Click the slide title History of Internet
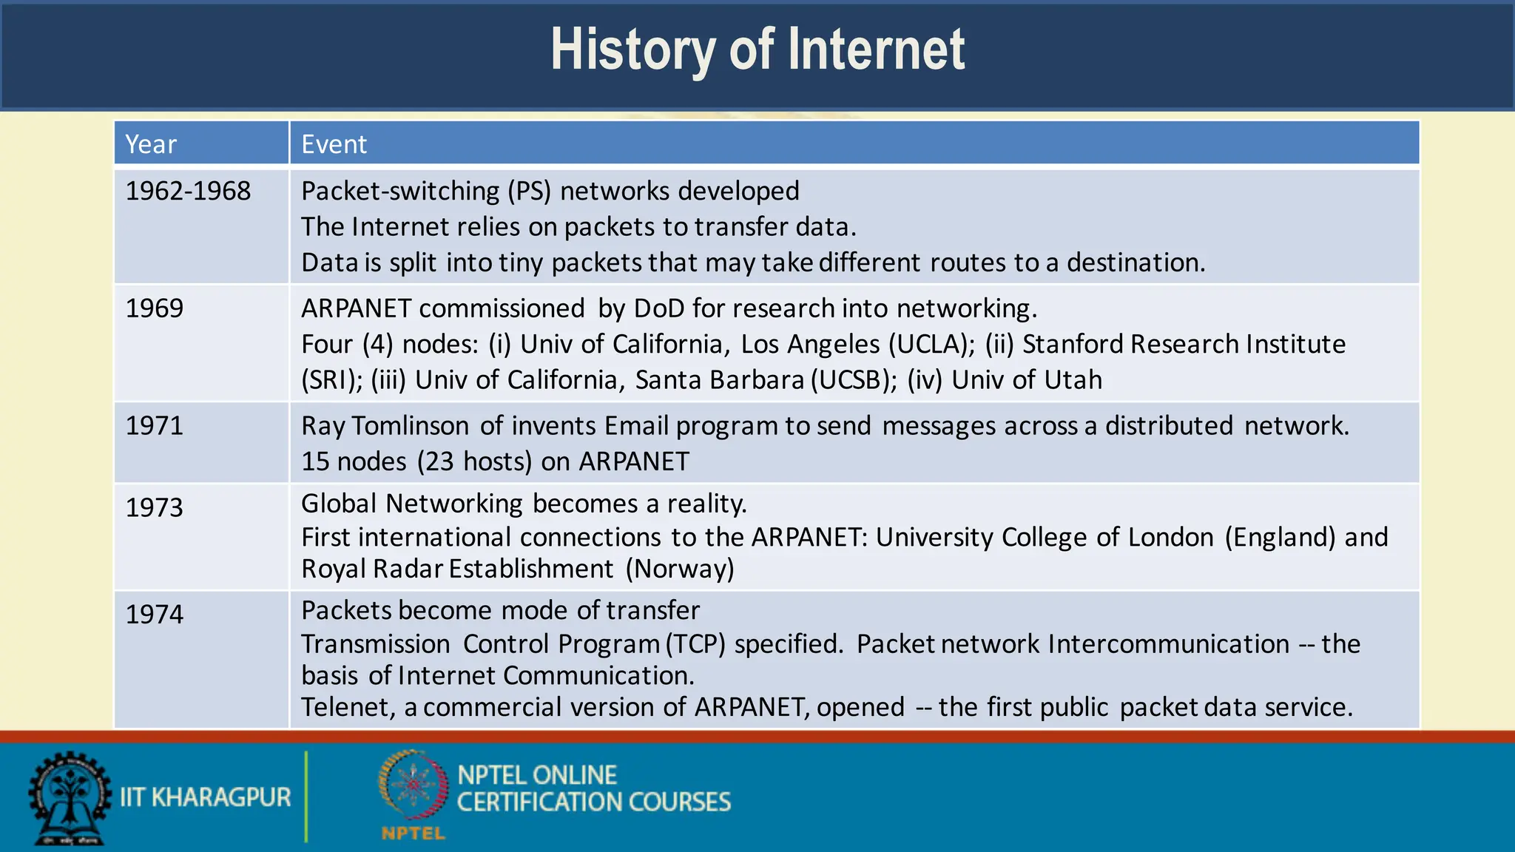point(757,50)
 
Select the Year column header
point(151,144)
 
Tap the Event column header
point(334,144)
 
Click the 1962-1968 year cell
point(188,192)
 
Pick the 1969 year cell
point(154,308)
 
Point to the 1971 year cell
point(154,426)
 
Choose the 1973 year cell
point(154,507)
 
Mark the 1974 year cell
point(154,614)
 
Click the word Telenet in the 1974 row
point(348,708)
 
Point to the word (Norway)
point(680,569)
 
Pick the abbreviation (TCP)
point(695,644)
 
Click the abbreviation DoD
point(659,308)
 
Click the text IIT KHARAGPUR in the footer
point(205,797)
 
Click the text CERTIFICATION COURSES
point(593,802)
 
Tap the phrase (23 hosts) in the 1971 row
point(474,461)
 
